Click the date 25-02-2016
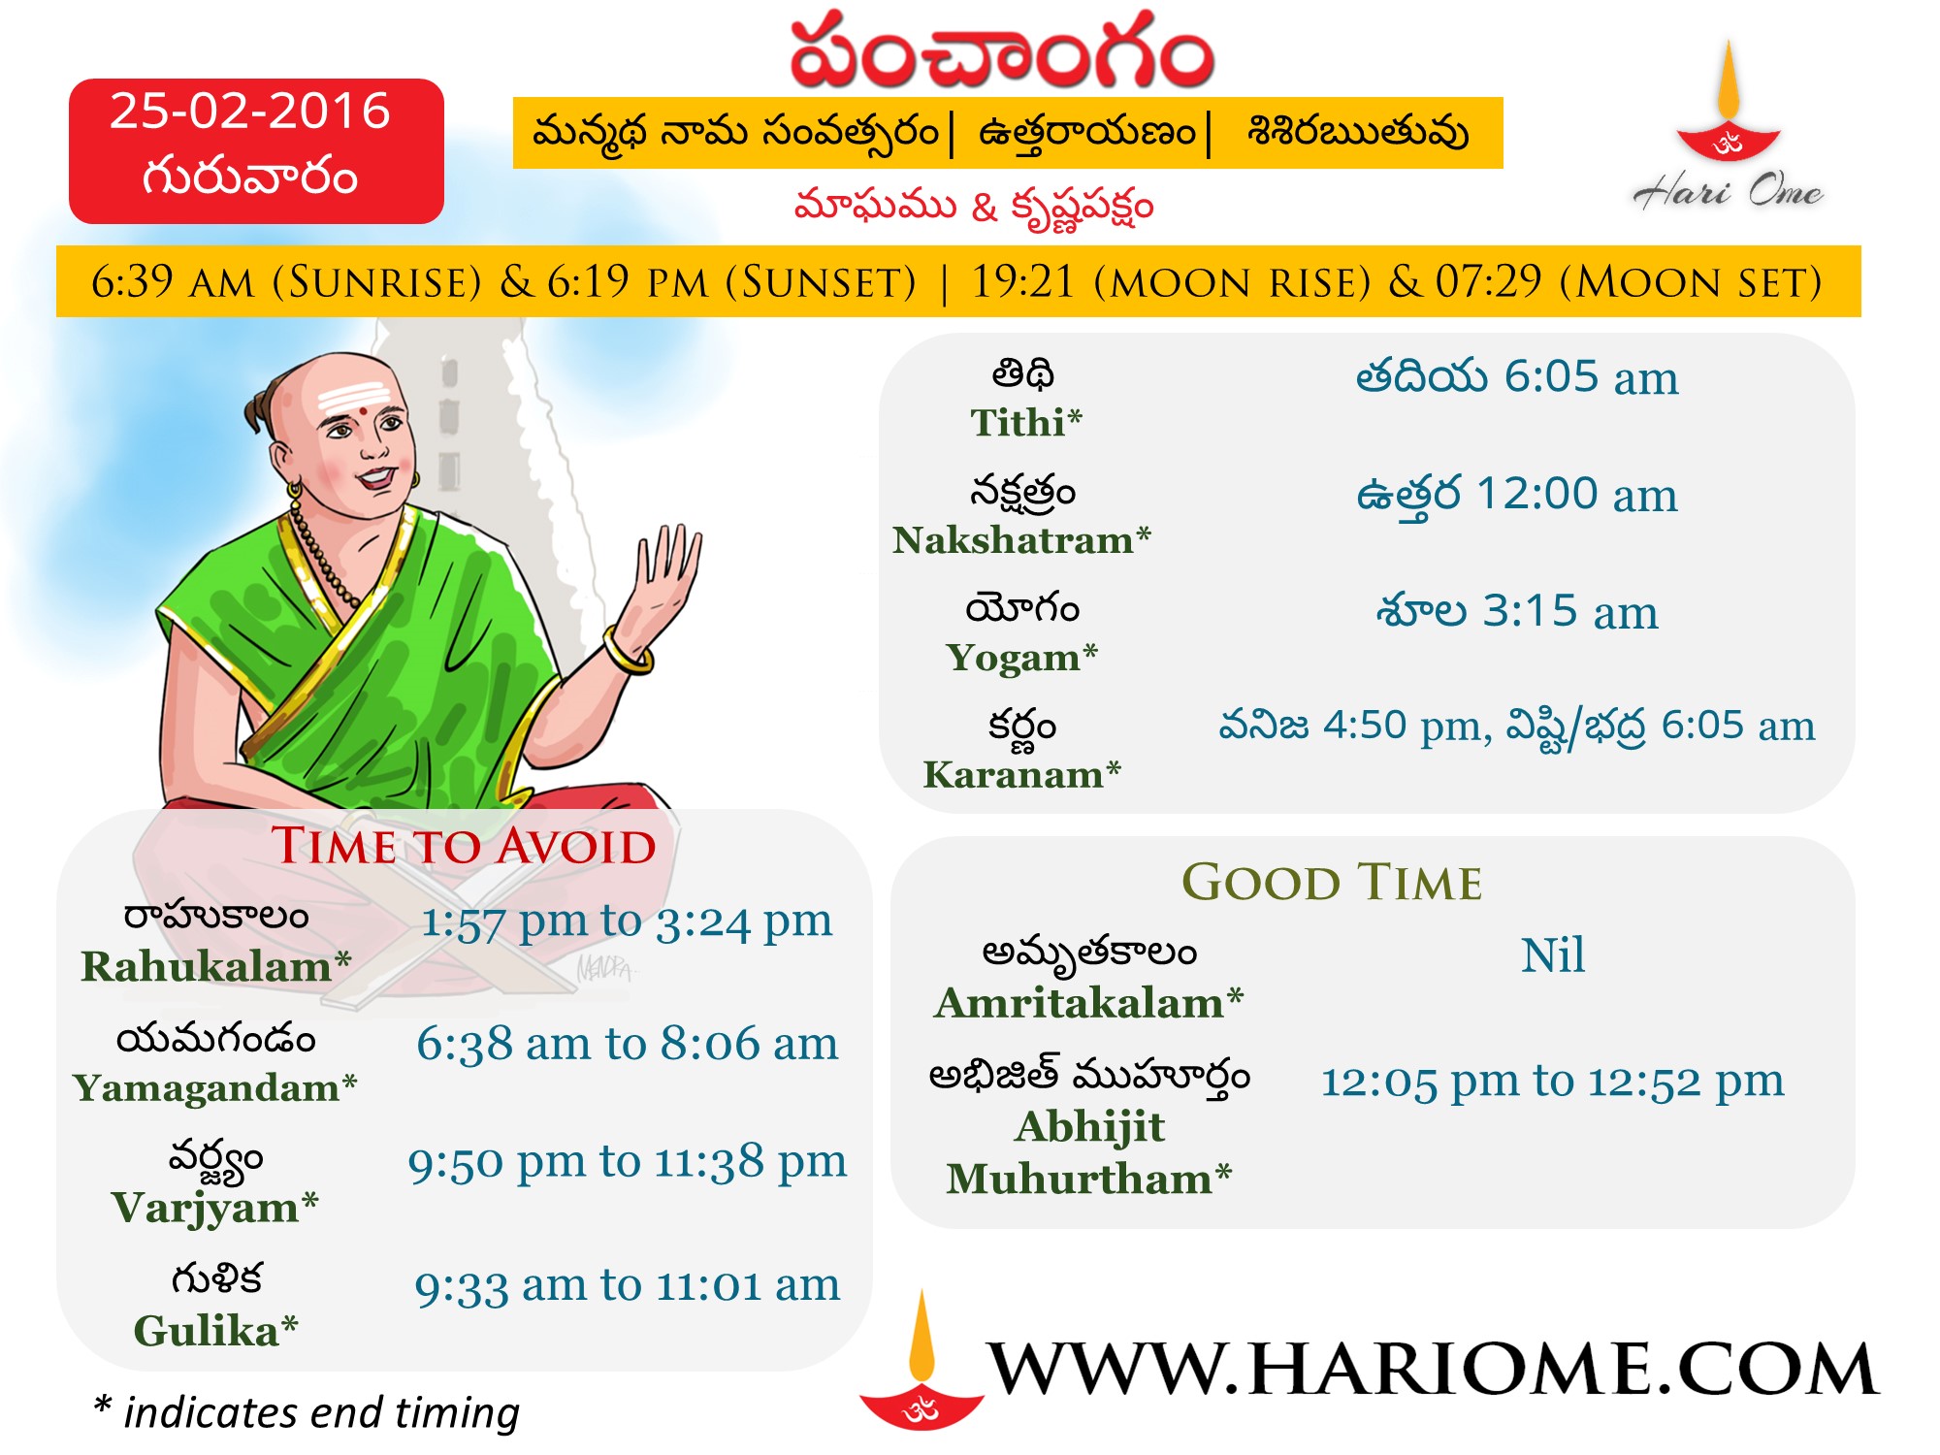pyautogui.click(x=250, y=111)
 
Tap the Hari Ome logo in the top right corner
pyautogui.click(x=1729, y=126)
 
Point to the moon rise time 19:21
pyautogui.click(x=1024, y=282)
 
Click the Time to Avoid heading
pyautogui.click(x=464, y=846)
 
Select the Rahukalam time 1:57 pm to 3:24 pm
pyautogui.click(x=627, y=921)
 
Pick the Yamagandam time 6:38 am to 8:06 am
pyautogui.click(x=628, y=1045)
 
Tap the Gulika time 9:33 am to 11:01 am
pyautogui.click(x=628, y=1286)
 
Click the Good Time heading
pyautogui.click(x=1332, y=883)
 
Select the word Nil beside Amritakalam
pyautogui.click(x=1553, y=955)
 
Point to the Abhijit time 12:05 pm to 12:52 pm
pyautogui.click(x=1552, y=1081)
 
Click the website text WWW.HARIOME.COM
pyautogui.click(x=1434, y=1369)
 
